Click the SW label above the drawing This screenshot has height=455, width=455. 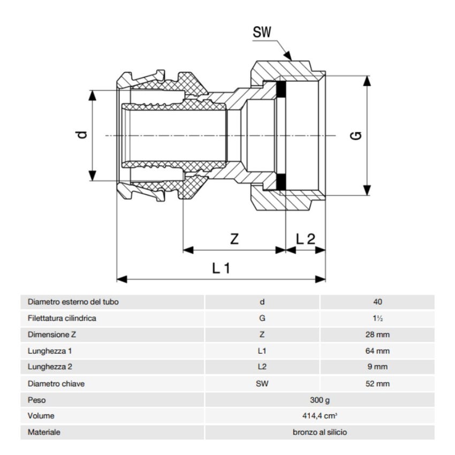click(x=262, y=32)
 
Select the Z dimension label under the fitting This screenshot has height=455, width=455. click(x=234, y=239)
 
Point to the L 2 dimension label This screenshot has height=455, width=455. click(x=306, y=239)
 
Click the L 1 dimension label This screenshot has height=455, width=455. click(x=221, y=268)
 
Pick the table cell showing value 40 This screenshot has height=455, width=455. click(x=377, y=302)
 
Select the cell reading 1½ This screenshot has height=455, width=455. click(x=377, y=318)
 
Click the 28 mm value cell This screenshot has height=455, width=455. click(x=377, y=335)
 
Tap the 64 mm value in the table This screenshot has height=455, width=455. click(x=377, y=351)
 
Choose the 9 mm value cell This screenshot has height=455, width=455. click(x=377, y=367)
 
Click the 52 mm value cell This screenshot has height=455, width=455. click(x=377, y=384)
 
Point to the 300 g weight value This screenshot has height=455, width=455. click(x=319, y=400)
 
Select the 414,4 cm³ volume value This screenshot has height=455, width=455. click(x=319, y=416)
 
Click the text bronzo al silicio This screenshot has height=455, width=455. click(x=319, y=432)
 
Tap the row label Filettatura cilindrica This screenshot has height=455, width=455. click(x=62, y=318)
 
